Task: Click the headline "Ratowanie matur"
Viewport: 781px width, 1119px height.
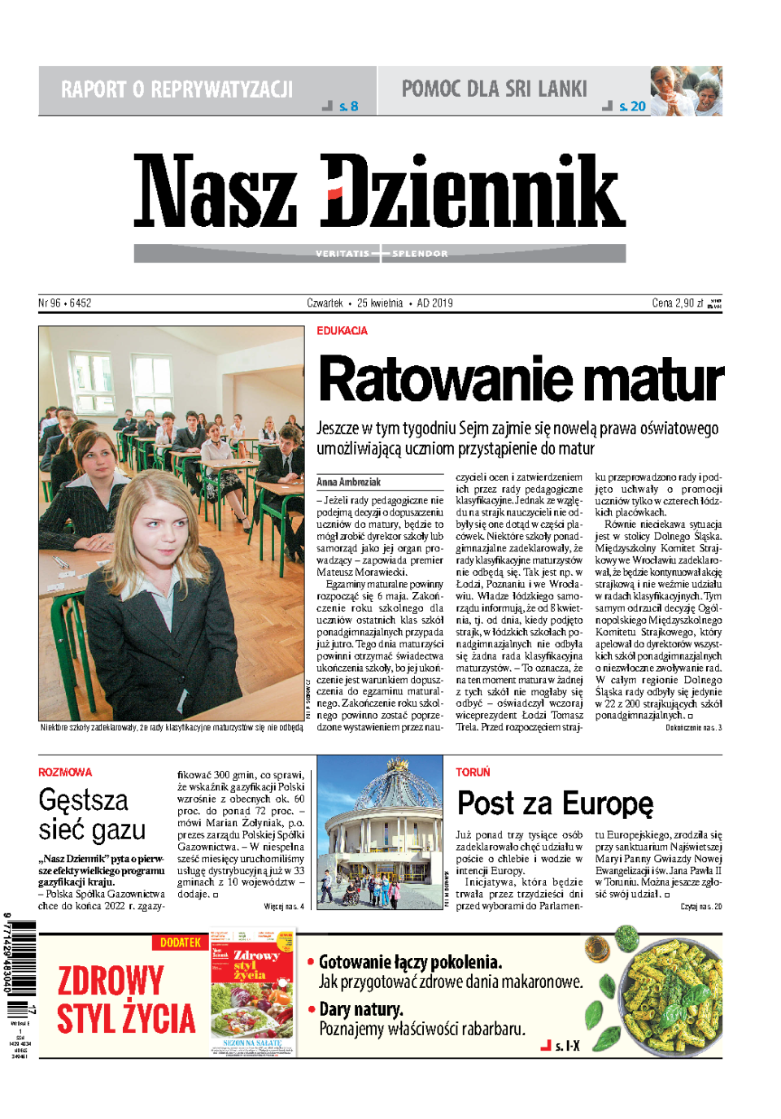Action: coord(521,379)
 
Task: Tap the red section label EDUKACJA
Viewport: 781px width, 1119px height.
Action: coord(342,331)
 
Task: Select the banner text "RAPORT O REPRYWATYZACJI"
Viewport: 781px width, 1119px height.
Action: coord(177,89)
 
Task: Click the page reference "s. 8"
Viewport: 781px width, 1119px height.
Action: coord(348,107)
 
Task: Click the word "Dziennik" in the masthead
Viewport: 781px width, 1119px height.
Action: coord(473,192)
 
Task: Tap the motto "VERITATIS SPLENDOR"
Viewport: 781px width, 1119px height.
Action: coord(381,254)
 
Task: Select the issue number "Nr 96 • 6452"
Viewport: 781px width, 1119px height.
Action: coord(65,303)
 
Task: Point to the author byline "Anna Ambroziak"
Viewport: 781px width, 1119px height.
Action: coord(348,482)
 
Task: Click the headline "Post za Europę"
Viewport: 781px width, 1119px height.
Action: coord(555,803)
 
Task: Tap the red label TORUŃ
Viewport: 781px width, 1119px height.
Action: coord(473,772)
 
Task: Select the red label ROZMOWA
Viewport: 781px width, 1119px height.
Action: coord(65,772)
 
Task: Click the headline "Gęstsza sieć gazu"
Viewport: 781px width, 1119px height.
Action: coord(91,815)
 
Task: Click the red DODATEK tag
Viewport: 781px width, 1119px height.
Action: coord(180,943)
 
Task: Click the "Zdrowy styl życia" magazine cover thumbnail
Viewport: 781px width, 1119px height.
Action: coord(251,994)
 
